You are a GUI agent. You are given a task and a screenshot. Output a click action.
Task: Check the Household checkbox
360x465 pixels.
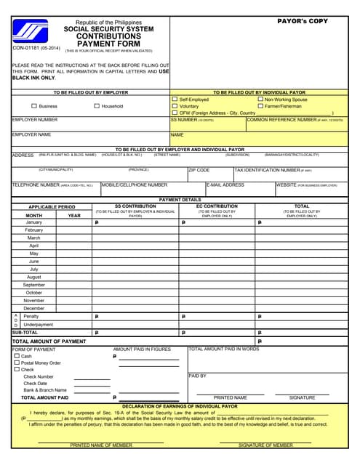(x=97, y=106)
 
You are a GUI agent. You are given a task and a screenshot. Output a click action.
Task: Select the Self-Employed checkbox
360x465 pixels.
(x=175, y=100)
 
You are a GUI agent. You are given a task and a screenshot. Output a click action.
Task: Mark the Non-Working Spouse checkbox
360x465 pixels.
(x=260, y=100)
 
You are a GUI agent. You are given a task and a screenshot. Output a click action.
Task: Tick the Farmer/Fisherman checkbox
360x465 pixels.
(x=260, y=106)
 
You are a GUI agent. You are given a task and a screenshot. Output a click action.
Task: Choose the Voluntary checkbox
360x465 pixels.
(x=175, y=106)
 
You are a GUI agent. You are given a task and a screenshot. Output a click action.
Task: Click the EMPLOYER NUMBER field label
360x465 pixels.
(x=35, y=120)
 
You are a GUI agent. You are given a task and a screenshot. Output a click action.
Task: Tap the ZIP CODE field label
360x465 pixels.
(x=199, y=169)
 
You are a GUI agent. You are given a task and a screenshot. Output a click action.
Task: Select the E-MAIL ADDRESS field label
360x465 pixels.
(x=225, y=185)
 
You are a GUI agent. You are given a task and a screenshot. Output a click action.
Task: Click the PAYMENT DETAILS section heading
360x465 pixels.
(x=180, y=199)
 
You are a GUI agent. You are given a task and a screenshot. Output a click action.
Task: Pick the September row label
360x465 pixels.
(x=34, y=285)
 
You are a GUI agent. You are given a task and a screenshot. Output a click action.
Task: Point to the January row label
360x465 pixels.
(x=34, y=222)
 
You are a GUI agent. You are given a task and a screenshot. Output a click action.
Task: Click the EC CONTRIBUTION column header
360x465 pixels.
(x=217, y=206)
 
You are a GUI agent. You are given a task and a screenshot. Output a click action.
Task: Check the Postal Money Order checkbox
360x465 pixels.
(x=17, y=363)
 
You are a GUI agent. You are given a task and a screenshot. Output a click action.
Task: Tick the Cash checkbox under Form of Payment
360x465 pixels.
(x=17, y=356)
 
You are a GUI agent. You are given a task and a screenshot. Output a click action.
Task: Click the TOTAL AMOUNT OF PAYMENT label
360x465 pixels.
(x=49, y=341)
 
